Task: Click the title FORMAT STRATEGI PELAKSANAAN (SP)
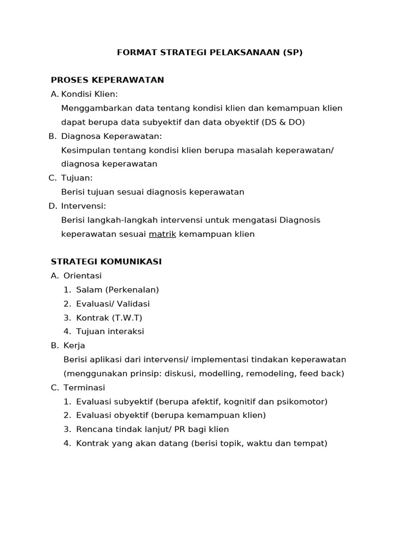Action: click(209, 52)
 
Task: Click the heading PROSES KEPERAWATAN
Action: click(107, 80)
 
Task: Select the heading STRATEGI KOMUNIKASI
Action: click(106, 262)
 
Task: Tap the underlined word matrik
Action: click(162, 234)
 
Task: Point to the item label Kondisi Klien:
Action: click(90, 94)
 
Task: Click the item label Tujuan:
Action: click(77, 178)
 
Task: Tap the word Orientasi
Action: click(83, 276)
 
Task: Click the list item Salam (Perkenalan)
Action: click(118, 290)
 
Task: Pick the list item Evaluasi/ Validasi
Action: click(113, 304)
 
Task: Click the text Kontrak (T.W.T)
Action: click(109, 318)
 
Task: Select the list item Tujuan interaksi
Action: click(110, 331)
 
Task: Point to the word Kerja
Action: click(74, 346)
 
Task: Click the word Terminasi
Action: click(84, 388)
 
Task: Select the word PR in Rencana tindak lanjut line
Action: click(180, 429)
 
